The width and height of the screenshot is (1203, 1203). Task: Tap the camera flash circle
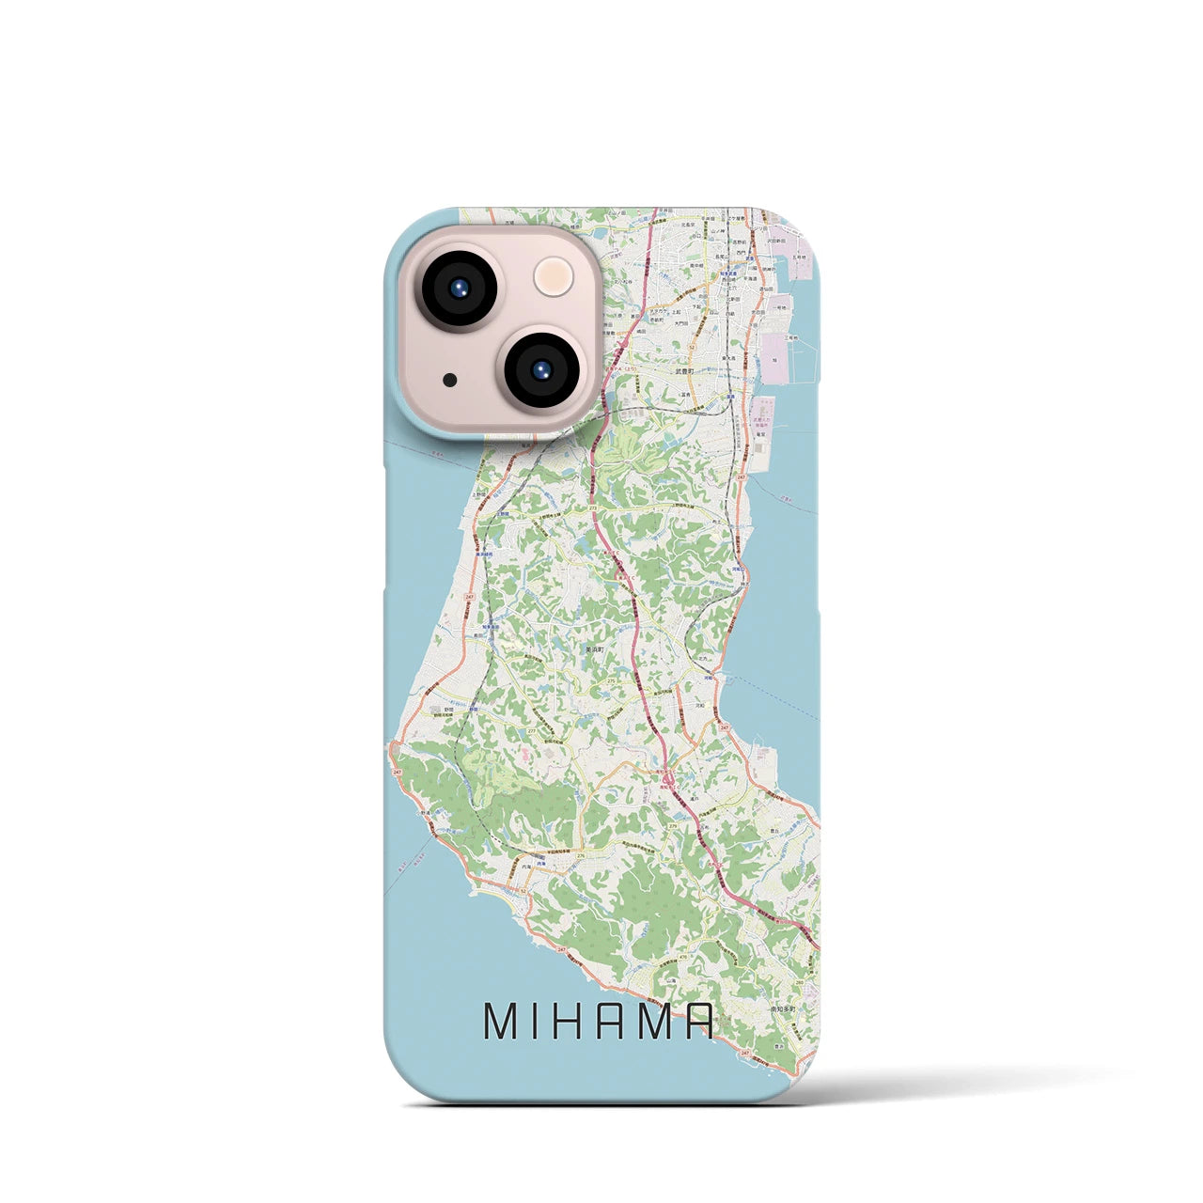tap(553, 278)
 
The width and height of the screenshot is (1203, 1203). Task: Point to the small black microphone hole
tap(451, 381)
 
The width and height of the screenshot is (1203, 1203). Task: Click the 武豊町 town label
tap(683, 372)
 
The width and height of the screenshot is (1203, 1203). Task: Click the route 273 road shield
tap(594, 508)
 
